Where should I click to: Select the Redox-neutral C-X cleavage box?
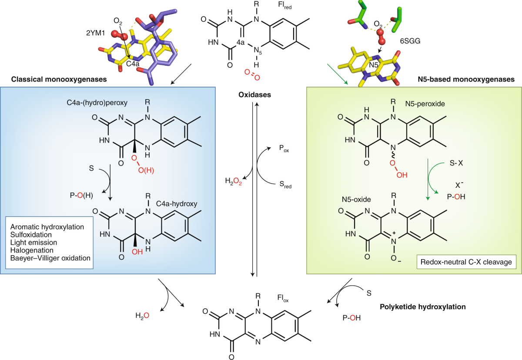coord(463,263)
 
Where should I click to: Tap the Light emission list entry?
coord(33,242)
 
